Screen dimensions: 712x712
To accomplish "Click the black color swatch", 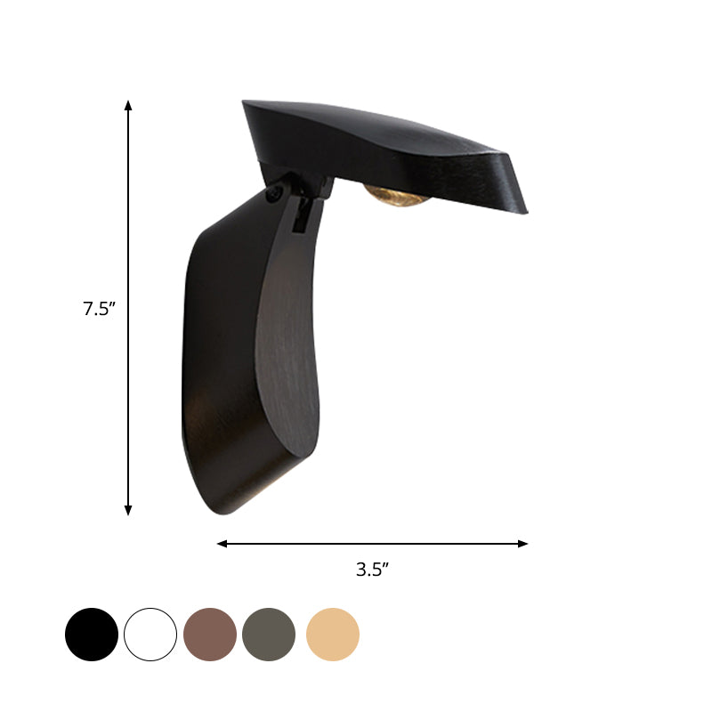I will click(x=92, y=635).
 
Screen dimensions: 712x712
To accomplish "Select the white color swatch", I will click(x=150, y=635).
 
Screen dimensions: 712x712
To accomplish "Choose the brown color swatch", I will click(x=210, y=635).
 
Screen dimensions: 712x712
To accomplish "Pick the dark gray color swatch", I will click(x=269, y=635).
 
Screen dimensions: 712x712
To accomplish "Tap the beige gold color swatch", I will click(x=333, y=635).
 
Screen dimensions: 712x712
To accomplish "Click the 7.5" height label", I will click(x=100, y=310).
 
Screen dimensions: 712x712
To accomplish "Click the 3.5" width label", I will click(x=373, y=570).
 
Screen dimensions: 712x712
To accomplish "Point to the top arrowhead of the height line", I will click(x=128, y=106).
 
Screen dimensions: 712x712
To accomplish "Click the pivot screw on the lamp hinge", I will click(x=273, y=192).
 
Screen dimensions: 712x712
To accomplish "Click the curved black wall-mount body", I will click(x=236, y=356).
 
